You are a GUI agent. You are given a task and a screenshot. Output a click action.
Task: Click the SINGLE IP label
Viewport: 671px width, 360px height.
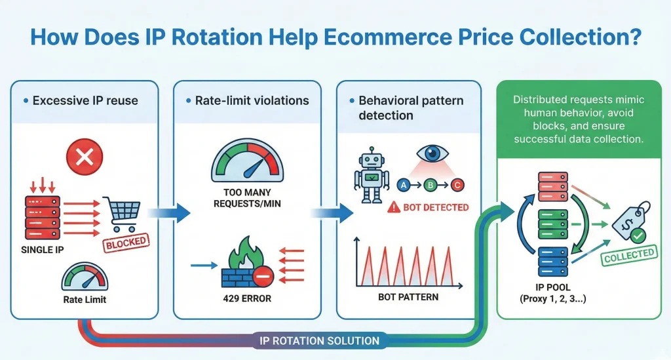point(47,250)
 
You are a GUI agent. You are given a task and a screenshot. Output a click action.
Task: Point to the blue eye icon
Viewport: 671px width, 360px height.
point(433,153)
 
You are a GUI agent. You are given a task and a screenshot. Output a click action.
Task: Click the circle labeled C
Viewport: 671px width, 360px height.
point(457,186)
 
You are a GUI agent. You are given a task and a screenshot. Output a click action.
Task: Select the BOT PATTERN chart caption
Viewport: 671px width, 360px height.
point(408,297)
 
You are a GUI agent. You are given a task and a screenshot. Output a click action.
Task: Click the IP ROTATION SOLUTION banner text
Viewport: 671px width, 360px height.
point(320,340)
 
